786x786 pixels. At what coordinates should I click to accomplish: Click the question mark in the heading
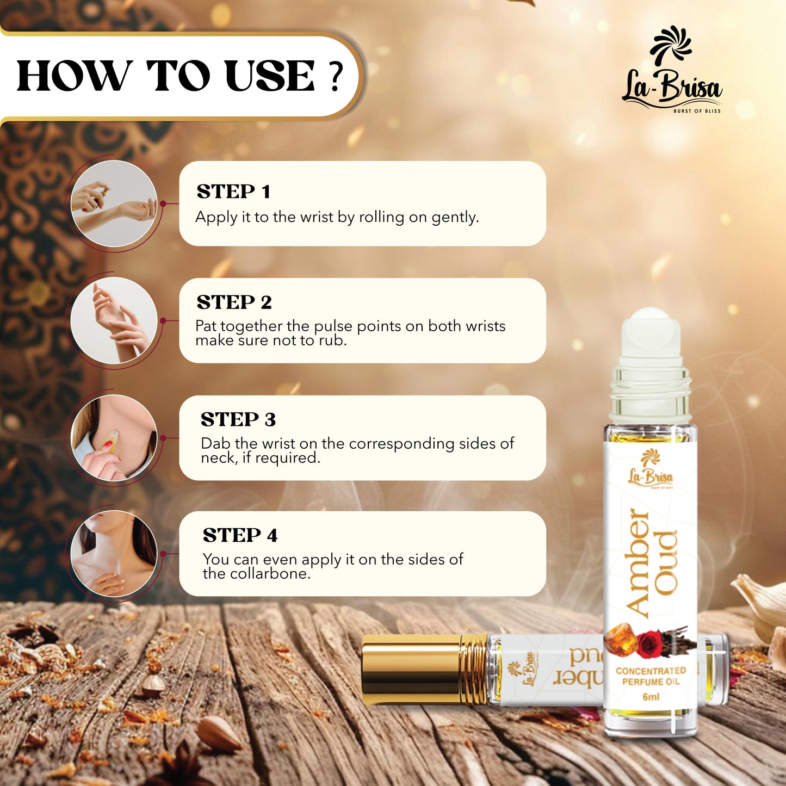coord(336,76)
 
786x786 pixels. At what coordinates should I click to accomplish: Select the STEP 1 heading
coord(233,191)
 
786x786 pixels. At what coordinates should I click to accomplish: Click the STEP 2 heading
coord(234,302)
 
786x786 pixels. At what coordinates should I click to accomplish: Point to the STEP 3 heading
coord(238,419)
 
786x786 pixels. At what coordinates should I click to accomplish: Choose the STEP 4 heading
coord(240,535)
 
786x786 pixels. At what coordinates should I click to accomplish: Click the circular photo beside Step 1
coord(114,204)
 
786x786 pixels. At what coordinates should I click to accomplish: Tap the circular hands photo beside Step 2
coord(114,320)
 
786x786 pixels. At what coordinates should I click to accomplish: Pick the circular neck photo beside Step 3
coord(114,438)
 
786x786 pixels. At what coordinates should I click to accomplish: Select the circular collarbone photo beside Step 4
coord(114,554)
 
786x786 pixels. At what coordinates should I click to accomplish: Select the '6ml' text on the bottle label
coord(651,697)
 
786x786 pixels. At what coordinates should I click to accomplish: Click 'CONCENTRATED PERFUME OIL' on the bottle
coord(651,676)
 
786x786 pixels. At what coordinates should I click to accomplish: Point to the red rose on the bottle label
coord(649,644)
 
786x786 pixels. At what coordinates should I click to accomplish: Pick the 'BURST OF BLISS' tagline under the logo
coord(696,111)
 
